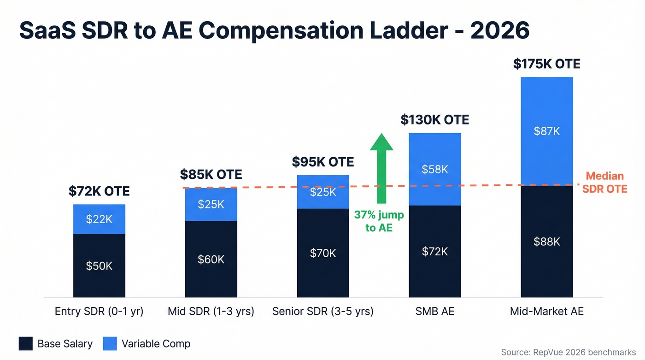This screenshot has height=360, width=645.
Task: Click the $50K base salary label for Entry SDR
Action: [99, 266]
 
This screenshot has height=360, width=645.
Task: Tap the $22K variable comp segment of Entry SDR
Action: [99, 219]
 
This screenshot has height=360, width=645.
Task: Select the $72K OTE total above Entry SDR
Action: [99, 191]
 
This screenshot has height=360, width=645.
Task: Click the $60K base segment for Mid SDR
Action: [211, 260]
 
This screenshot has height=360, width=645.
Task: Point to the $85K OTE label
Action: [211, 175]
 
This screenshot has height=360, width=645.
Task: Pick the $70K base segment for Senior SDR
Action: [323, 253]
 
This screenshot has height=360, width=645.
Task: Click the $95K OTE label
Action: [323, 162]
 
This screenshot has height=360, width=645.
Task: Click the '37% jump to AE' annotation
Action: [379, 221]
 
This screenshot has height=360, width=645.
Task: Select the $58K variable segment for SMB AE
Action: [435, 169]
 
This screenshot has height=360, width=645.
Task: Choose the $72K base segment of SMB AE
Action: [435, 251]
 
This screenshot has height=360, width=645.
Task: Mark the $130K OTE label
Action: [435, 120]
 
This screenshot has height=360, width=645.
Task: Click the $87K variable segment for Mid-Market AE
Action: [547, 131]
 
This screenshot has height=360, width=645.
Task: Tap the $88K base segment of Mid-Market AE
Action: [547, 242]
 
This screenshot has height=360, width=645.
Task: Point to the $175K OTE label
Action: [547, 64]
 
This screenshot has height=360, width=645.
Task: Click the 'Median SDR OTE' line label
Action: [604, 183]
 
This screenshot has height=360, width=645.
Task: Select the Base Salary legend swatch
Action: [26, 344]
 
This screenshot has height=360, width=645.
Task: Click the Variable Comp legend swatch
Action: [110, 344]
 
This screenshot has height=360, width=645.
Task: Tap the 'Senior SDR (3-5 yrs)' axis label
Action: [323, 312]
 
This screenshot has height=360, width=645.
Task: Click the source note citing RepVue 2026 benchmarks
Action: [568, 352]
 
